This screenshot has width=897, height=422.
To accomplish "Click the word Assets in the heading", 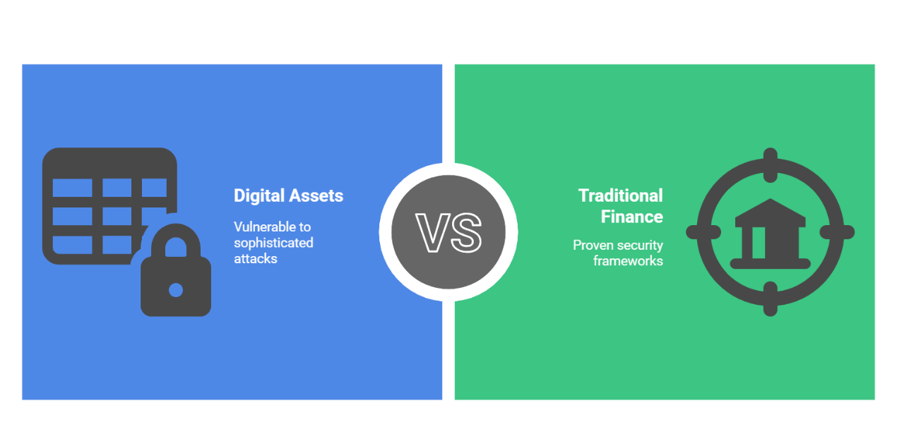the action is coord(316,195).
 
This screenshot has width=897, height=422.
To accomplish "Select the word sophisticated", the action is coord(273,243).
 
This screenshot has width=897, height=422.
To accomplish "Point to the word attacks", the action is coord(256,259).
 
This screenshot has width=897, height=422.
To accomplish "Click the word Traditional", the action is coord(621,195).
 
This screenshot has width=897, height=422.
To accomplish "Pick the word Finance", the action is coord(632,217).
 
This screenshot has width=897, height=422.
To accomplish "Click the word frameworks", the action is coord(628,261).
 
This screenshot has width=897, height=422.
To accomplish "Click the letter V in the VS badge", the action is coord(432,232).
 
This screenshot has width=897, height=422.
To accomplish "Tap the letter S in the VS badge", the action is coord(467,232).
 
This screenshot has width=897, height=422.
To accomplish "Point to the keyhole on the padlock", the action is coord(176,290).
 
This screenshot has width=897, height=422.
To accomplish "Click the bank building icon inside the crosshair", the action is coord(771,234).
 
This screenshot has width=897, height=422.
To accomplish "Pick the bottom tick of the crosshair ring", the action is coord(771,299).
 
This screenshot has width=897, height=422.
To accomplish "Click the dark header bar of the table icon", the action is coord(109,163).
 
